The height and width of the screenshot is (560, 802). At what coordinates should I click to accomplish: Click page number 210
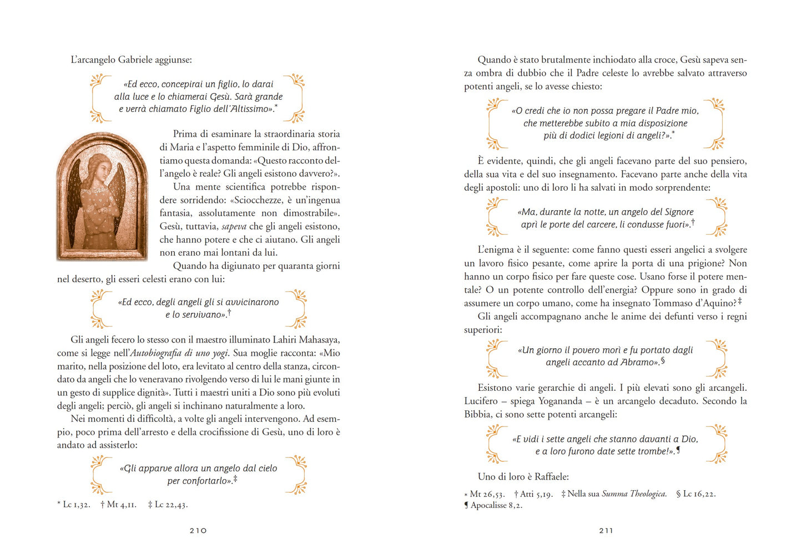tap(198, 531)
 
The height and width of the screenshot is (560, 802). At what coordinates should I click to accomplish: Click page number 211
tap(606, 531)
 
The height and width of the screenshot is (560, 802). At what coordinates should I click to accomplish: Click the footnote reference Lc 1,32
tap(76, 505)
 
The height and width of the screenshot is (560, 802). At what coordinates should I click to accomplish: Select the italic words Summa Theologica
tap(634, 494)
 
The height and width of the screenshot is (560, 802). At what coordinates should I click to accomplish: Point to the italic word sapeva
tap(234, 227)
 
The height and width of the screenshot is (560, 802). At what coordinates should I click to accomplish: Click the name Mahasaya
tap(319, 340)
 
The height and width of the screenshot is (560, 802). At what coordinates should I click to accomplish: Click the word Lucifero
tap(481, 401)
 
